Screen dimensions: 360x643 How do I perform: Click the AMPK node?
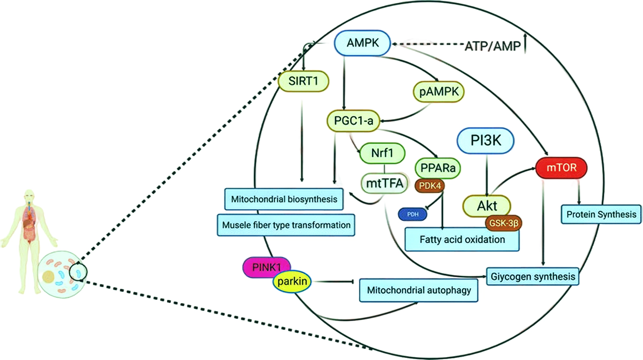[362, 43]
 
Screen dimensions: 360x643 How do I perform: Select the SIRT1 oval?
[303, 81]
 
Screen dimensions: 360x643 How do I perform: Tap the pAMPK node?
[439, 92]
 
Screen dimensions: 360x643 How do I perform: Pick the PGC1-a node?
[353, 121]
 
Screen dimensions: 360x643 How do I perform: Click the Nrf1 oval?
[382, 153]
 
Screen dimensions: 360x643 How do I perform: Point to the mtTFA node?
[384, 183]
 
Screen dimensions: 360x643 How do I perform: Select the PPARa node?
[437, 168]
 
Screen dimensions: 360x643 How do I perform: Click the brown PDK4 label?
[430, 186]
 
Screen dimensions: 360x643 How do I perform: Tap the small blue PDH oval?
[413, 214]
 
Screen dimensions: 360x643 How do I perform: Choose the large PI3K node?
[486, 141]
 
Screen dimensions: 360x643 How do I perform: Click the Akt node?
[486, 206]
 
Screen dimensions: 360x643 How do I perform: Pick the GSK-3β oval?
[504, 223]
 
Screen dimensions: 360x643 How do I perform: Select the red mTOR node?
[561, 168]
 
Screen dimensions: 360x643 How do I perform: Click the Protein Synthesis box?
[601, 214]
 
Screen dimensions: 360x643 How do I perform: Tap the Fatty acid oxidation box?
[462, 240]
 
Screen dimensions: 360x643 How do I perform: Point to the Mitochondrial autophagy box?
[419, 290]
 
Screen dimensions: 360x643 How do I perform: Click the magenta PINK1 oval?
[266, 267]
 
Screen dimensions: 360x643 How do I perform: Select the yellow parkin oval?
[292, 282]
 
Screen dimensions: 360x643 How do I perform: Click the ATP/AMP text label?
[493, 46]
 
